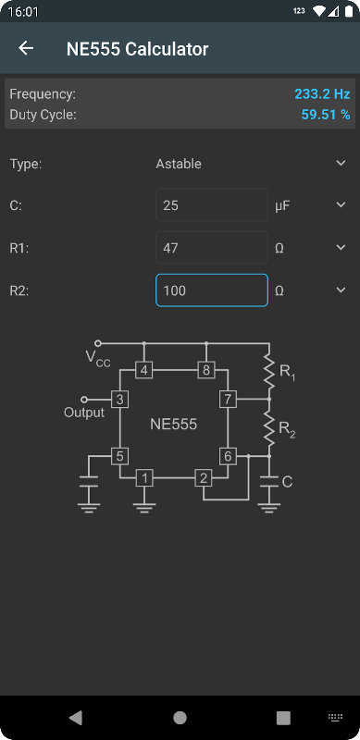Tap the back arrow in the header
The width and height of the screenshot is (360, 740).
[x=26, y=48]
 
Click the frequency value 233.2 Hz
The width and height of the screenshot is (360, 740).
[x=322, y=94]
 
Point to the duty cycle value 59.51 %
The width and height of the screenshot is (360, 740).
[x=326, y=115]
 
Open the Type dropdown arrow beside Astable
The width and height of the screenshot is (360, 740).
[x=341, y=164]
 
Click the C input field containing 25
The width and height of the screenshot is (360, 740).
[x=212, y=204]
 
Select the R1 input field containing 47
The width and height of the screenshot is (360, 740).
[x=212, y=247]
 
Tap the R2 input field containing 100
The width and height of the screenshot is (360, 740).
[x=212, y=290]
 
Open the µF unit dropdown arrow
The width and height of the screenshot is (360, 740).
[x=341, y=204]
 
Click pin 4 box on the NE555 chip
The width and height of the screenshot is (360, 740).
[x=144, y=371]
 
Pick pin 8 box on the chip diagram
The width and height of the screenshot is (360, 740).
[x=206, y=371]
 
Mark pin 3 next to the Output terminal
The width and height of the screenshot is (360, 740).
[x=120, y=400]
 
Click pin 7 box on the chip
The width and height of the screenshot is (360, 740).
[x=228, y=400]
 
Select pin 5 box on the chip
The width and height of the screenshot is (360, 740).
[x=120, y=456]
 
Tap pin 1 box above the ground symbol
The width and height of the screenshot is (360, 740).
[x=144, y=478]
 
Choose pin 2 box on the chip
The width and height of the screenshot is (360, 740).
[x=204, y=478]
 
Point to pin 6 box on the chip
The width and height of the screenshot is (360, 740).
[x=228, y=456]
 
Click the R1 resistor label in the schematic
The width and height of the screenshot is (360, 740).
[x=287, y=373]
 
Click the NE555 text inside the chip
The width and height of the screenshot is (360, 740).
[x=173, y=425]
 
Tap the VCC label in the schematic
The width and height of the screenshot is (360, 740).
[x=98, y=359]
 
